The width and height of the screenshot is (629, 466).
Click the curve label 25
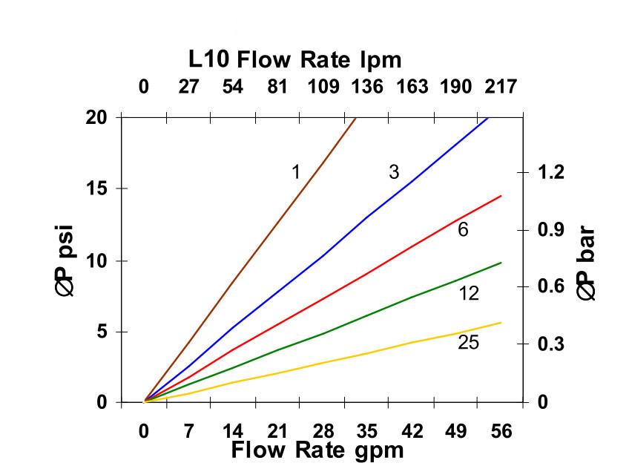pos(468,343)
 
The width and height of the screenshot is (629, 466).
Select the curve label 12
pos(468,294)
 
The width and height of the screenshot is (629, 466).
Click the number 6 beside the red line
pos(463,230)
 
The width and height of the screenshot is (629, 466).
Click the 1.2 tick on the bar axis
pos(551,172)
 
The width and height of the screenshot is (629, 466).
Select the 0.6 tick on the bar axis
pos(551,286)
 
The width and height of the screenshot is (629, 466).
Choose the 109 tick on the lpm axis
pos(323,87)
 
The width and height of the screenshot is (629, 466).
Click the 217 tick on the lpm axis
pos(501,87)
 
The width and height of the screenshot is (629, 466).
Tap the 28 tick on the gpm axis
pos(323,432)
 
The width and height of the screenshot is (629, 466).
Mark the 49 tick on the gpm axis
pos(456,432)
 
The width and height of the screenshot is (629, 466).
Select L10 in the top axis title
pos(209,59)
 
